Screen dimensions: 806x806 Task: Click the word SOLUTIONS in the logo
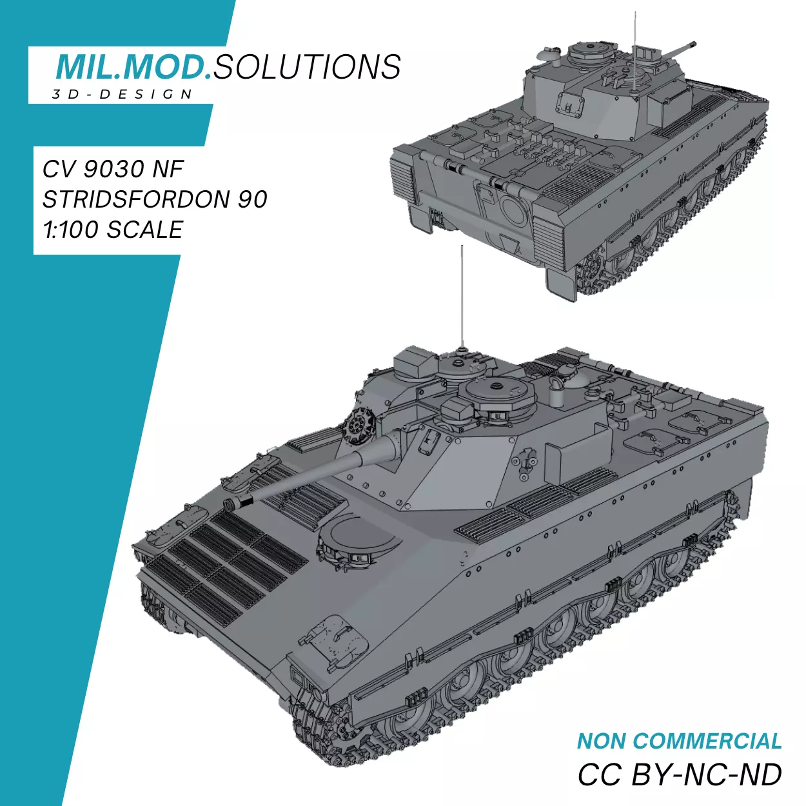(x=307, y=66)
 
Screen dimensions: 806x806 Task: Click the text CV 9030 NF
(x=113, y=169)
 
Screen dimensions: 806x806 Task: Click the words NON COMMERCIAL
(x=679, y=741)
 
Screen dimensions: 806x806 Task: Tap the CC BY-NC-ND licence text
(x=679, y=774)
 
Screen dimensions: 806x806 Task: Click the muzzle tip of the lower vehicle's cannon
(x=230, y=504)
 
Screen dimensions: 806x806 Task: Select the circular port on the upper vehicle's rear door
(x=514, y=211)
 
